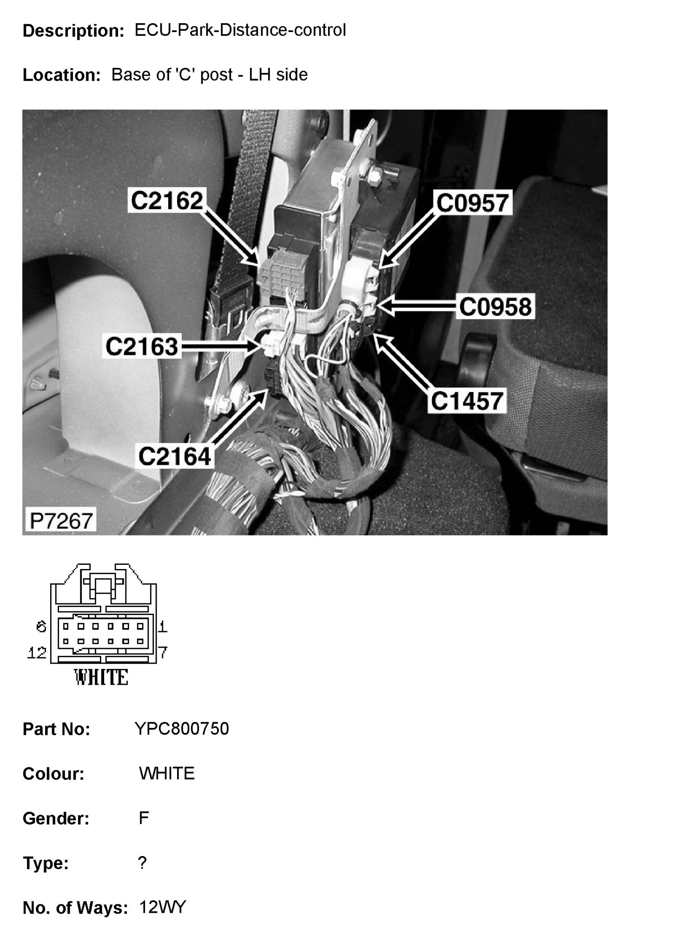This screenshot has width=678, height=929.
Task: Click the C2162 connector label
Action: [x=167, y=201]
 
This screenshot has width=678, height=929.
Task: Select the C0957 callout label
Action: [x=472, y=203]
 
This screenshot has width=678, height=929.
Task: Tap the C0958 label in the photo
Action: [x=495, y=307]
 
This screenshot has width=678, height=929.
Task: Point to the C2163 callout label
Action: [x=142, y=347]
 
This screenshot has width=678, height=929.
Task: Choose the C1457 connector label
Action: [x=467, y=401]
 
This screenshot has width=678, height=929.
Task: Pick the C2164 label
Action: [x=175, y=456]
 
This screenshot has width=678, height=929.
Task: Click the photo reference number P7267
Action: [x=61, y=521]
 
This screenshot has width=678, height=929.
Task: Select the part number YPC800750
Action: [x=182, y=729]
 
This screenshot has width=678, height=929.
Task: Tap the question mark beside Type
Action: [x=142, y=863]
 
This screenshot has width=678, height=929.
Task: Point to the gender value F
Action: [x=144, y=818]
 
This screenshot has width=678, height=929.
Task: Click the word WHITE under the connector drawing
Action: [x=101, y=678]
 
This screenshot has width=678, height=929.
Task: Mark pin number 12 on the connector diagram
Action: [x=37, y=653]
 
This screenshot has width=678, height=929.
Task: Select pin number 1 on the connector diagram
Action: [x=163, y=627]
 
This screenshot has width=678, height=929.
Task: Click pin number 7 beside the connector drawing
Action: [x=163, y=653]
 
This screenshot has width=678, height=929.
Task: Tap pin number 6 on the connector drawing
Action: [x=41, y=627]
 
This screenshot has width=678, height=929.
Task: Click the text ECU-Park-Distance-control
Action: [x=240, y=30]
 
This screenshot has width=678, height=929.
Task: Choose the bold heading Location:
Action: [x=62, y=75]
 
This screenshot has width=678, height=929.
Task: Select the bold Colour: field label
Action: [x=53, y=774]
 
